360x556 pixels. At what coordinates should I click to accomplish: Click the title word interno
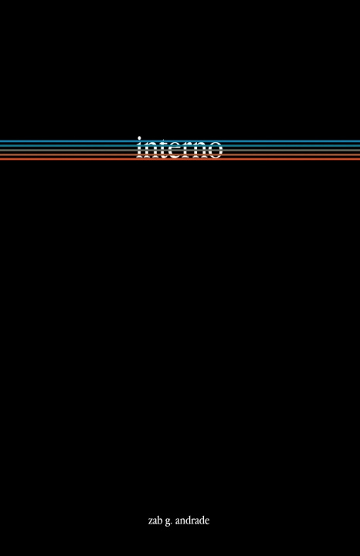click(180, 147)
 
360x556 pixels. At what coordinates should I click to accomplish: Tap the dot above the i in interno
click(140, 138)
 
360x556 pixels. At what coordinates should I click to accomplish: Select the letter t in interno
click(161, 149)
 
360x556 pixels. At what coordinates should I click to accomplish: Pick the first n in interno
click(149, 151)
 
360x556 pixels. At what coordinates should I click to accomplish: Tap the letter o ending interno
click(215, 151)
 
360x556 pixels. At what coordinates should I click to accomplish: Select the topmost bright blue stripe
click(180, 141)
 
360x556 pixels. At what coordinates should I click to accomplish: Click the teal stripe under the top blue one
click(180, 145)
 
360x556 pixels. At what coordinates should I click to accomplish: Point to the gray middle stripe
click(180, 150)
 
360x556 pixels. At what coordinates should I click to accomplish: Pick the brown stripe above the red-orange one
click(180, 154)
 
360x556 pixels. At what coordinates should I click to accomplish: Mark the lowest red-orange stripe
click(180, 159)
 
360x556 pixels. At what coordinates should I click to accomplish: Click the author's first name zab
click(155, 520)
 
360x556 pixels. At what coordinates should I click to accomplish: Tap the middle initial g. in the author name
click(168, 521)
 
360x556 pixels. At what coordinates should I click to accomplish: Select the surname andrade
click(192, 520)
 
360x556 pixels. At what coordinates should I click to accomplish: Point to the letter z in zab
click(151, 521)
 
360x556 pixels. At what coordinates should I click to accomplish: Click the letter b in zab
click(160, 520)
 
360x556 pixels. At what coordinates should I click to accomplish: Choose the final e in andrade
click(208, 521)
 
